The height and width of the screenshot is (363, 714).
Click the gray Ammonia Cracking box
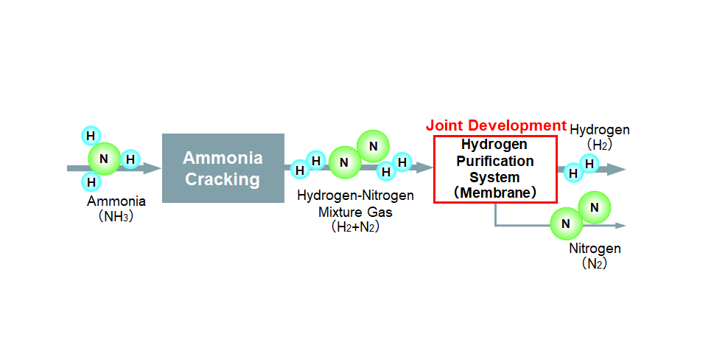pos(223,168)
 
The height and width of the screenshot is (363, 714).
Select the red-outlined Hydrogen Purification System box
pos(494,168)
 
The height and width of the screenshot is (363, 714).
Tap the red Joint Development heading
pos(496,125)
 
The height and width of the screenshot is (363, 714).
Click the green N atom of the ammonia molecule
pos(104,159)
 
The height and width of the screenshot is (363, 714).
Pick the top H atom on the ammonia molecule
pos(91,136)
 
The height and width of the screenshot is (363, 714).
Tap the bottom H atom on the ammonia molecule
pos(91,181)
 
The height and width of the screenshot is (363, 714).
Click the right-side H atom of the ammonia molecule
pos(130,159)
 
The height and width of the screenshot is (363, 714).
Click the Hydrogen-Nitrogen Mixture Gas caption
pos(355,204)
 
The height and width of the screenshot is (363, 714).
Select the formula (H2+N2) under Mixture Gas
pos(355,228)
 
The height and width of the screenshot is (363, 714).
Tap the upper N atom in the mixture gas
pos(374,147)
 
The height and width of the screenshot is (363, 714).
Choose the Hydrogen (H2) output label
pos(600,137)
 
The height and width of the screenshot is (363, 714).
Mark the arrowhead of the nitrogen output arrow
pos(620,224)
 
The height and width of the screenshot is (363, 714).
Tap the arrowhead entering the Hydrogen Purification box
pos(425,168)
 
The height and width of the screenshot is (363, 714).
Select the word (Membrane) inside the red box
pos(494,193)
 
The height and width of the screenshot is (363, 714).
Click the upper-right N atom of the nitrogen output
pos(595,208)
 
